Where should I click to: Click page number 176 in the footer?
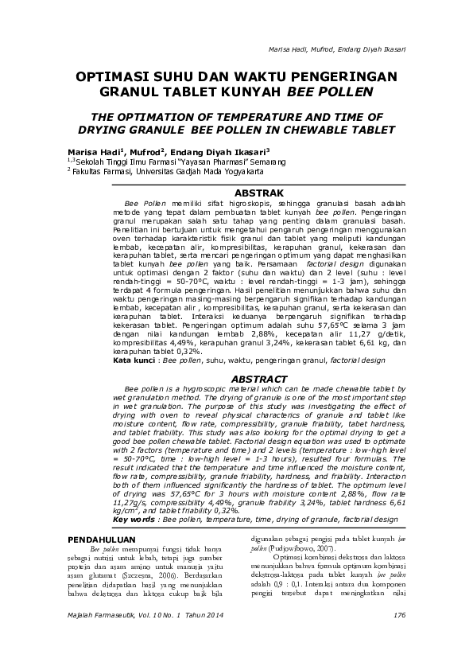[399, 615]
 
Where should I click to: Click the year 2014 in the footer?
[209, 615]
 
